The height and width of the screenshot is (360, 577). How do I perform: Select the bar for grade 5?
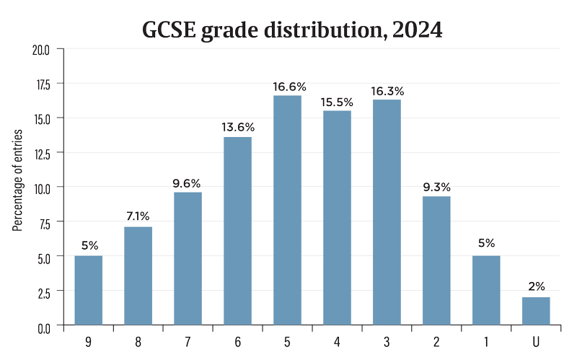coord(287,210)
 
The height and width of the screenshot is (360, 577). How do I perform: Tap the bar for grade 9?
coord(89,290)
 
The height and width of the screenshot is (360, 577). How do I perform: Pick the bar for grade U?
coord(536,311)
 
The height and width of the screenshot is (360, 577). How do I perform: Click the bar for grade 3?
coord(387,212)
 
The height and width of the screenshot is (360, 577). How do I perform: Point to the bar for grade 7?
coord(188,258)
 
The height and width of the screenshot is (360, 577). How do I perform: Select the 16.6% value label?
coord(287,87)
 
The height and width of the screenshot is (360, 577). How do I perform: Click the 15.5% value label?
coord(337,102)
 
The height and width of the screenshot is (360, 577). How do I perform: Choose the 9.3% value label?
coord(436,188)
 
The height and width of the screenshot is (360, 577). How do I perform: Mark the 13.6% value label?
coord(237,128)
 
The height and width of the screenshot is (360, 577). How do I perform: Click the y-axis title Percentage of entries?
coord(17,180)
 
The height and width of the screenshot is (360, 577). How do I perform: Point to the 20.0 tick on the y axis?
coord(41,49)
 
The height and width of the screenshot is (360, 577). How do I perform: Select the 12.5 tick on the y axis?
coord(41,153)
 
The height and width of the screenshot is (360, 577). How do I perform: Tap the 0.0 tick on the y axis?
coord(43,327)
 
